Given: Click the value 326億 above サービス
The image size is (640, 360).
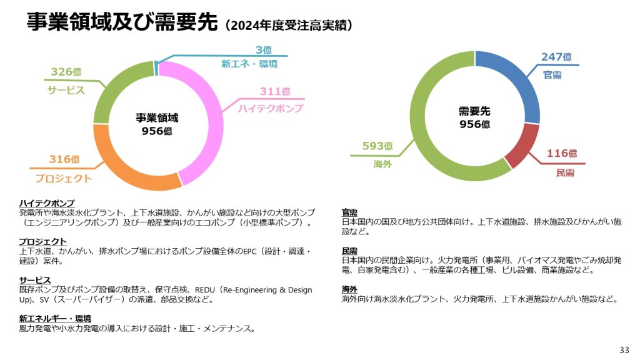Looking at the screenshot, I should pos(66,72).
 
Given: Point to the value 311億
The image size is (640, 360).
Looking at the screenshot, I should pos(275,91).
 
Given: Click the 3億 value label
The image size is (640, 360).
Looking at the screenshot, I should pos(263,50).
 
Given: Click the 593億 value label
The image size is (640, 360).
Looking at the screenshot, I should pos(377,146).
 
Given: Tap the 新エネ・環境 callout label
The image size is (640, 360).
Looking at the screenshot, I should pos(249,64).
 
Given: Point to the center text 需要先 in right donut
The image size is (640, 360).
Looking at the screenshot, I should pos(474,111).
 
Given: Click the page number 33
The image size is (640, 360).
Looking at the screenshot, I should pos(624,349).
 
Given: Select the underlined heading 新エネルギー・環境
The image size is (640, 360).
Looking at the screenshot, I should pos(55,318).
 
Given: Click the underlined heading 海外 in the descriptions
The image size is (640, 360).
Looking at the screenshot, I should pos(349,289).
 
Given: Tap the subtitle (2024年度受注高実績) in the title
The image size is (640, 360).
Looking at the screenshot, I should pos(289,25).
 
